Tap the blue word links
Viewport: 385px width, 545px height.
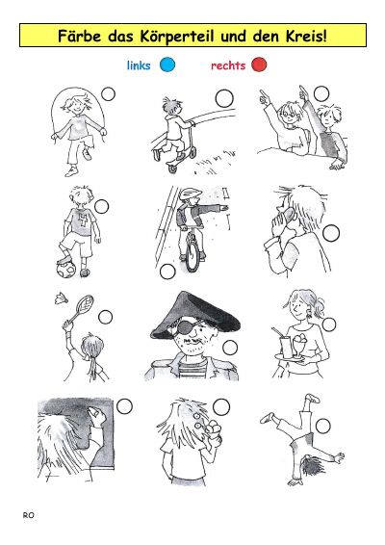[139, 65]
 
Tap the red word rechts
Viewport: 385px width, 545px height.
[228, 65]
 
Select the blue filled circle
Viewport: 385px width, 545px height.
[167, 65]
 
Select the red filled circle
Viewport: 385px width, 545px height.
[259, 65]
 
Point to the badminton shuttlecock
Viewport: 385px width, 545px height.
[61, 298]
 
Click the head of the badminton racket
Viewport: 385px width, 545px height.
[85, 303]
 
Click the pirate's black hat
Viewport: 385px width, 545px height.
[194, 316]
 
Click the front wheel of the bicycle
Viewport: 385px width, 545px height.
[192, 252]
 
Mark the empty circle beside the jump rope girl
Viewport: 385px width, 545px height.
[108, 93]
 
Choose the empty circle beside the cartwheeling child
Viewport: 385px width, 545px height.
[322, 426]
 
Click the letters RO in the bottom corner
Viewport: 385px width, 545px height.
[29, 515]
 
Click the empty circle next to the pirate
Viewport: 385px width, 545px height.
[230, 348]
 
